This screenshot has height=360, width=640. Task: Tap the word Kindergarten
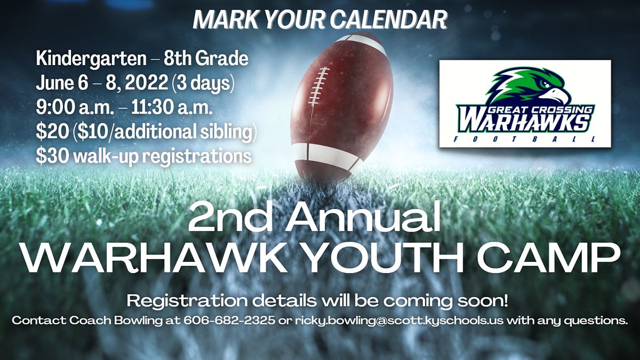[x=91, y=59]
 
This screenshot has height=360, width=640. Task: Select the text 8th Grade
[x=206, y=58]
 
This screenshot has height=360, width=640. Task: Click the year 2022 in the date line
[x=147, y=83]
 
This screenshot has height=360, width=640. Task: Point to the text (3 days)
[x=203, y=84]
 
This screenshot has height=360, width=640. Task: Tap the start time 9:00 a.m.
[x=75, y=108]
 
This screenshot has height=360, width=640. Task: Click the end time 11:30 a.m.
[x=172, y=108]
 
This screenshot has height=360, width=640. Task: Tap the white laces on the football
[x=318, y=86]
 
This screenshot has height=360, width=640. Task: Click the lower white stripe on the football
[x=326, y=156]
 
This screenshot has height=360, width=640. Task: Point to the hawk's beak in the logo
[x=557, y=94]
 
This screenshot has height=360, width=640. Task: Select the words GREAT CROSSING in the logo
[x=539, y=109]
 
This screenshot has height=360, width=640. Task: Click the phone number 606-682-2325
[x=229, y=321]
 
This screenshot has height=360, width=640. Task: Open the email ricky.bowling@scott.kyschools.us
[x=399, y=321]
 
